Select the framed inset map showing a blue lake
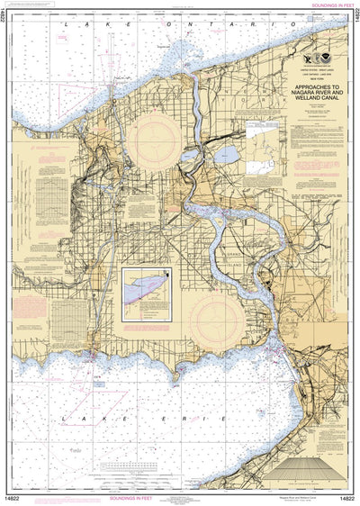[x=148, y=294]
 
